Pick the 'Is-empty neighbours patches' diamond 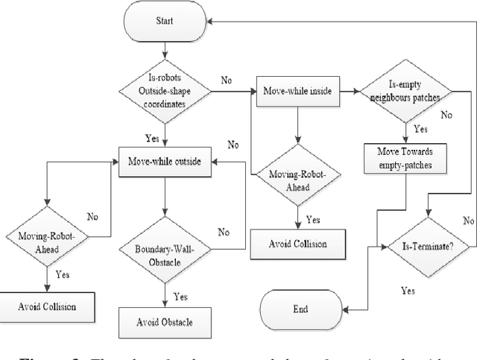coord(406,92)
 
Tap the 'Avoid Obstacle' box coord(163,322)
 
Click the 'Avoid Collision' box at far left coord(48,305)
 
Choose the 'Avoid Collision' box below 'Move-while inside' coord(298,242)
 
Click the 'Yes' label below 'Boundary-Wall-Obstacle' coord(180,296)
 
